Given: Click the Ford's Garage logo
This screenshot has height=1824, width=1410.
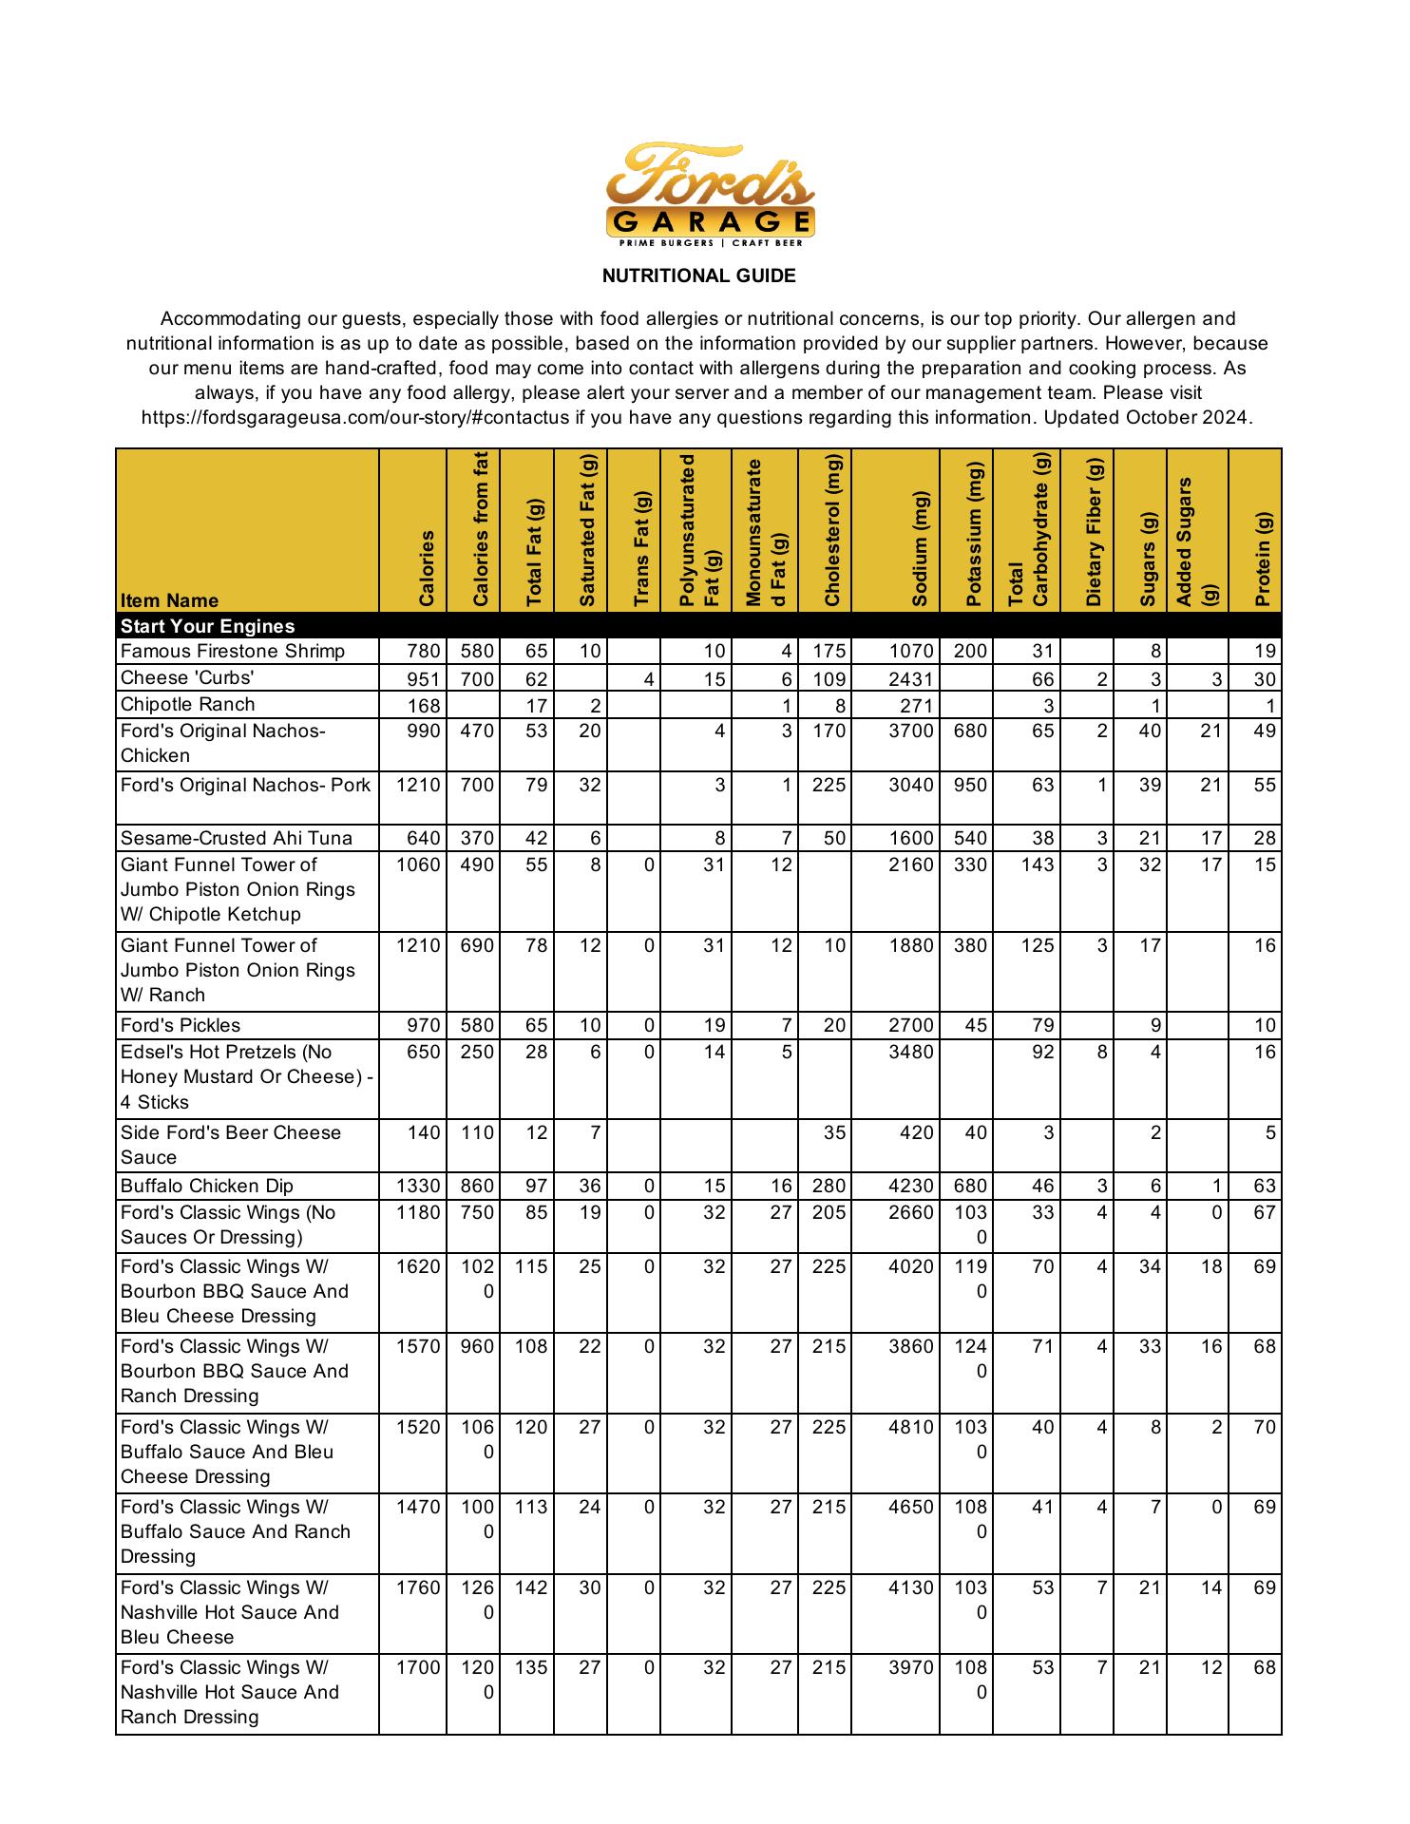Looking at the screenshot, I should pos(710,194).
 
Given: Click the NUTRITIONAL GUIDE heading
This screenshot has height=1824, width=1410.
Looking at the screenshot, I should pos(698,275).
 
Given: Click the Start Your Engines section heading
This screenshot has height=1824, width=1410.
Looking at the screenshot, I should pos(207,626).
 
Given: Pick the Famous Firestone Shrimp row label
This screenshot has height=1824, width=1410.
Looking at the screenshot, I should pos(233,652).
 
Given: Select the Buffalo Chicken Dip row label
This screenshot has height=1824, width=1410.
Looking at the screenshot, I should pos(207,1186).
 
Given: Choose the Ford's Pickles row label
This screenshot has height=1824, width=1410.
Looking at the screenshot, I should pos(181,1025).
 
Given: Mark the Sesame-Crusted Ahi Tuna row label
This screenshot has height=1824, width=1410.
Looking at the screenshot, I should pos(237,838).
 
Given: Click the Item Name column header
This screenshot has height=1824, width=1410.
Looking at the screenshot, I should pos(169,600).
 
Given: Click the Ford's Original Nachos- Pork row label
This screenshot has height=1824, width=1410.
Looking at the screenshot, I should pos(245,785).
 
